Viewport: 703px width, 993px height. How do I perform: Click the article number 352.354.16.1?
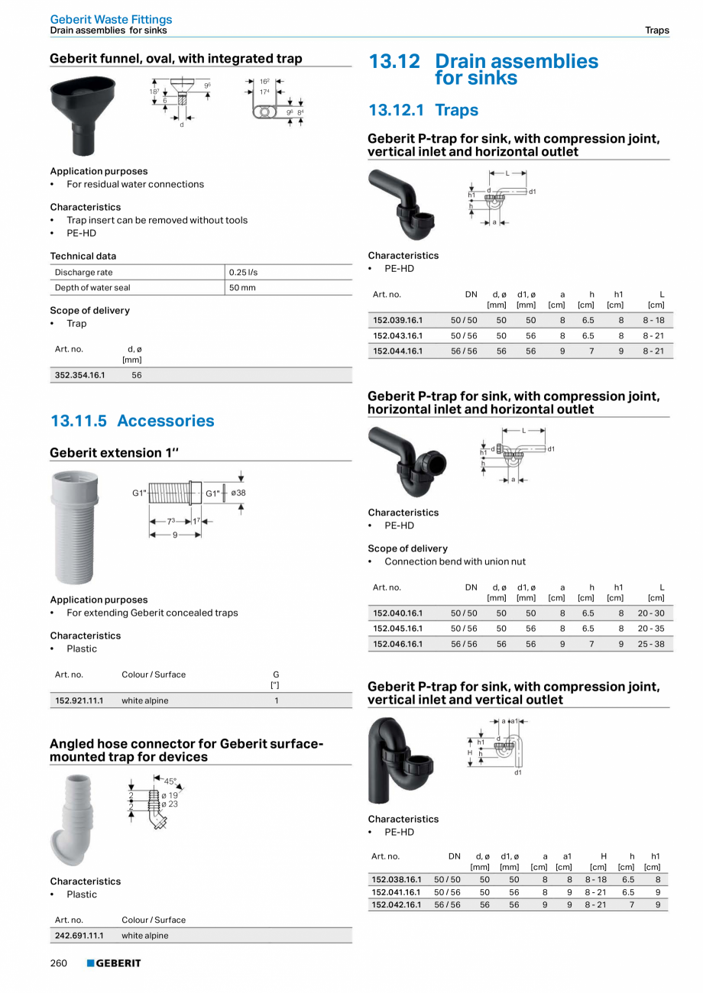tap(79, 375)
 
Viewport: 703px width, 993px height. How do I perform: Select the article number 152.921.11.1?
tap(79, 700)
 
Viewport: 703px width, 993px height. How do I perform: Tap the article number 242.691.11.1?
tap(79, 935)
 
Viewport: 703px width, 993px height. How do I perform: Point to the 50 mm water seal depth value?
tap(242, 288)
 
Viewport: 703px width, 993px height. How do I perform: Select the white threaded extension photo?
tap(74, 528)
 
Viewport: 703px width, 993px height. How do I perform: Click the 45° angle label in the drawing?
tap(170, 781)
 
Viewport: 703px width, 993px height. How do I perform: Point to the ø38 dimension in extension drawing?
tap(238, 493)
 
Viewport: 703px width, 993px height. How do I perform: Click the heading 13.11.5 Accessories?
tap(132, 421)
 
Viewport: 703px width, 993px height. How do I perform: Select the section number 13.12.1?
tap(396, 110)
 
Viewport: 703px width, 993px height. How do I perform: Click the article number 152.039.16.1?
tap(397, 320)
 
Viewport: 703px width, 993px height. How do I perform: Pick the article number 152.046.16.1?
tap(397, 644)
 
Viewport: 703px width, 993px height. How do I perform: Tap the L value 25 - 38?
tap(650, 644)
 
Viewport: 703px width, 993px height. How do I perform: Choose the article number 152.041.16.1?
tap(396, 891)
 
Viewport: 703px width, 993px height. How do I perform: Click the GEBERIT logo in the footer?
tap(114, 963)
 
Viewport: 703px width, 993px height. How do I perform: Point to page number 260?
tap(59, 963)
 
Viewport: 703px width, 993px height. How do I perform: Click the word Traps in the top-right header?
tap(656, 31)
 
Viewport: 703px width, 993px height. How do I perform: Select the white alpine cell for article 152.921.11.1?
tap(145, 700)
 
